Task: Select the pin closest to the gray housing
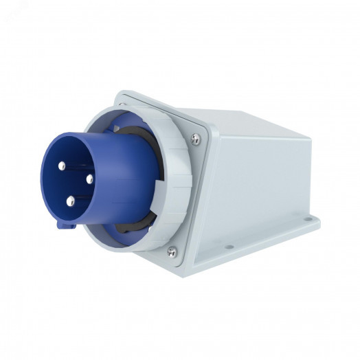pos(89,179)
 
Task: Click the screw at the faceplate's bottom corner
pos(172,251)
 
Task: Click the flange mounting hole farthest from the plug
pos(307,222)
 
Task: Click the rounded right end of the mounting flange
pos(316,222)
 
